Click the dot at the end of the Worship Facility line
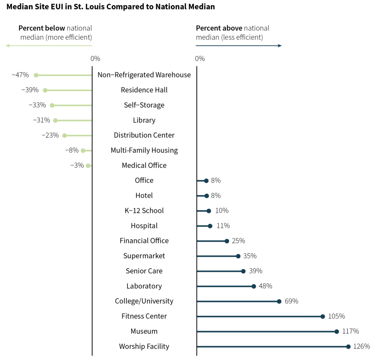tap(348, 346)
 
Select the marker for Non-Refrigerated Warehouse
tap(36, 75)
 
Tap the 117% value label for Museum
tap(351, 331)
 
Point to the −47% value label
tap(20, 75)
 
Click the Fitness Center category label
tap(144, 316)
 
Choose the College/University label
tap(144, 301)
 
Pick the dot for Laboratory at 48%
tap(254, 286)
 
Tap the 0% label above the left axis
tap(95, 58)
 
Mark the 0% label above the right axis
tap(200, 58)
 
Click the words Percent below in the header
tap(42, 28)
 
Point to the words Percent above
tap(219, 28)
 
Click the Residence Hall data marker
tap(45, 90)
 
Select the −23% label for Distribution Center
tap(50, 135)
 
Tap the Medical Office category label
tap(144, 166)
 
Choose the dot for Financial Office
tap(227, 241)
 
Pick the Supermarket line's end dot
tap(238, 256)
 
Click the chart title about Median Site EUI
tap(110, 7)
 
